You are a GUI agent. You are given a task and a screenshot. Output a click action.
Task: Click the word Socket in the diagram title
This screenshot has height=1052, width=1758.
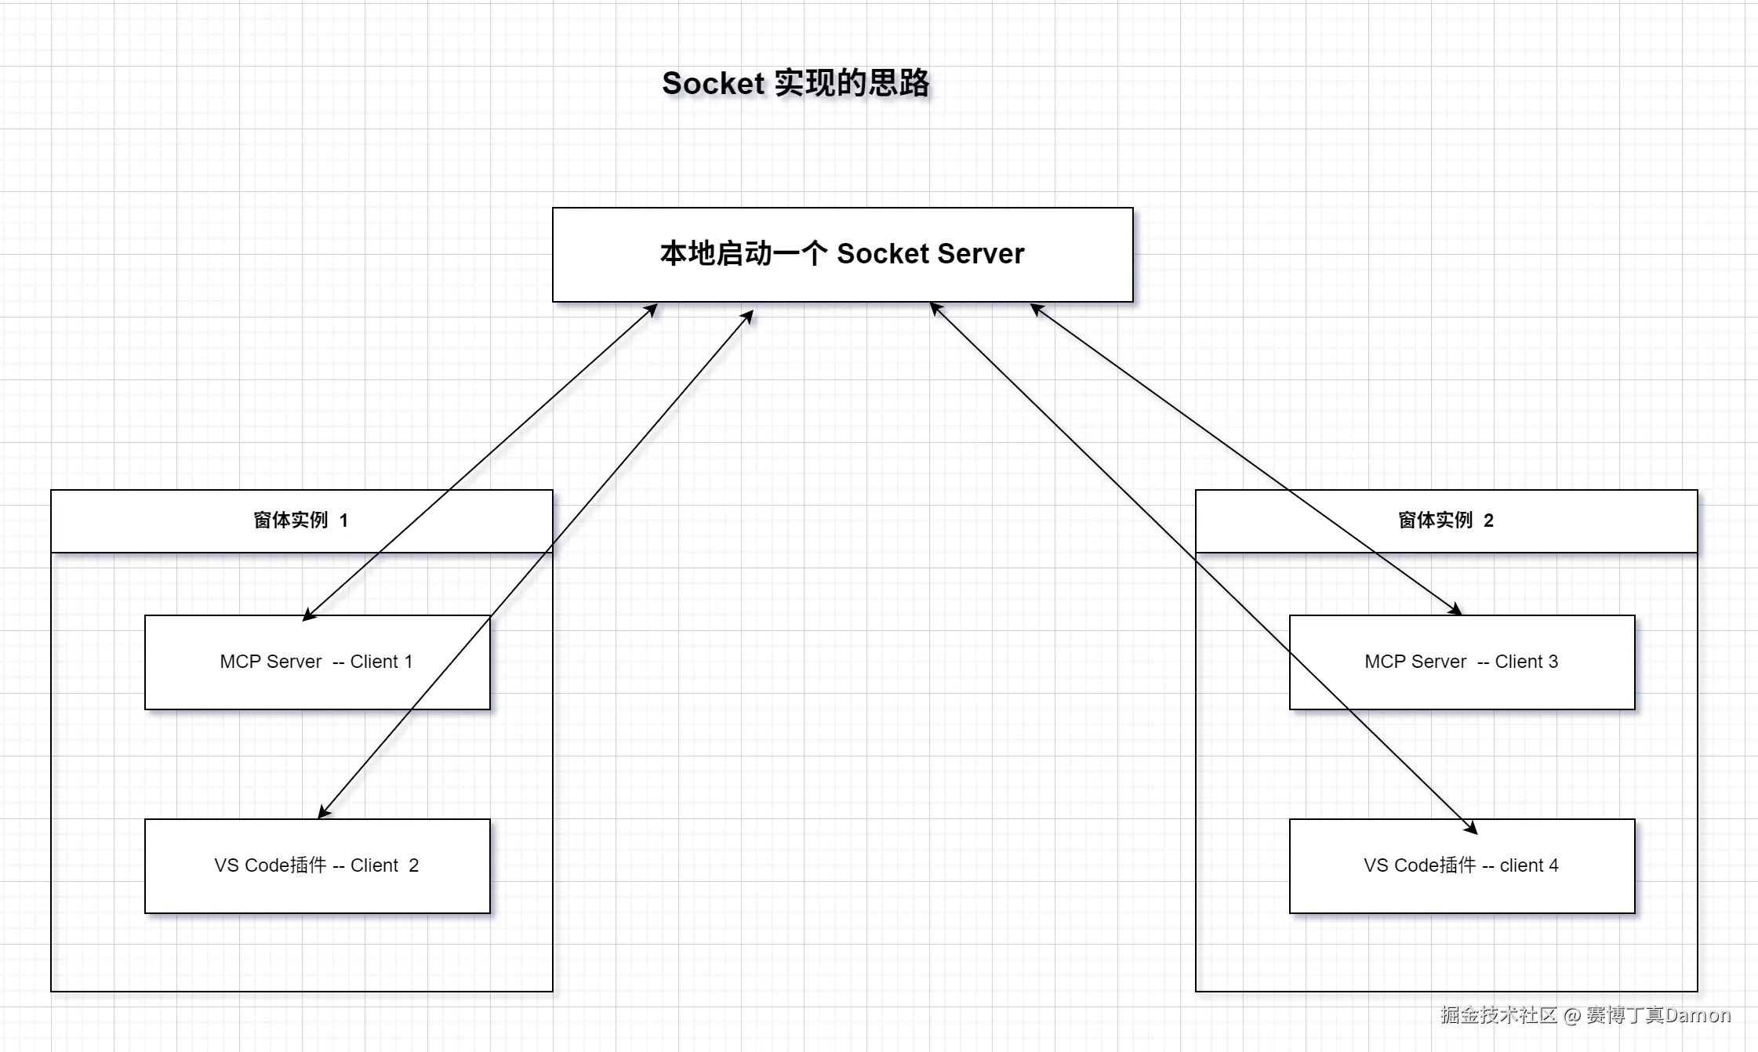713,83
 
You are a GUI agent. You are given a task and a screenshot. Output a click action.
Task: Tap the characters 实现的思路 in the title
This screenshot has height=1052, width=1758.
852,83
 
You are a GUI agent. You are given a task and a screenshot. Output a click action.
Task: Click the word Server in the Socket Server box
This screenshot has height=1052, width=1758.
980,254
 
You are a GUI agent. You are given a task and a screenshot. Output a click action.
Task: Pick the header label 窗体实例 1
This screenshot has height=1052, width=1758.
301,521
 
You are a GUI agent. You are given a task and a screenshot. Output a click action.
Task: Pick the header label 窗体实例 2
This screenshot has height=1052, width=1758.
1445,521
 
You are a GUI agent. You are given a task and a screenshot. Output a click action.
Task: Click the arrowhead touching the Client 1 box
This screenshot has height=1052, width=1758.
309,615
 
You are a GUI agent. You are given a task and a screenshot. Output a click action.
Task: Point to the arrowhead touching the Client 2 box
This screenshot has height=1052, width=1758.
324,812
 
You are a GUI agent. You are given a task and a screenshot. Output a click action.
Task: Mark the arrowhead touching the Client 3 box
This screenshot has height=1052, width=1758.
1455,610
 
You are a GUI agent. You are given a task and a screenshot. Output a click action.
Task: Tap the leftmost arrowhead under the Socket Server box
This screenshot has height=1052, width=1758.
651,310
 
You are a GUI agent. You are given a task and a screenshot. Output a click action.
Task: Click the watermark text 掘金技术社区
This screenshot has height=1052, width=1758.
1498,1015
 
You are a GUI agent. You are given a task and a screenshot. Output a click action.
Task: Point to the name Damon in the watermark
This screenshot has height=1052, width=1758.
1698,1015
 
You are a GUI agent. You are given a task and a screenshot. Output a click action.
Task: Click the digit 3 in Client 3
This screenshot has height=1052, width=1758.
1553,662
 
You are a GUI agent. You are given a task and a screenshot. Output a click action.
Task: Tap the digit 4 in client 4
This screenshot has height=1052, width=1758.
1553,865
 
